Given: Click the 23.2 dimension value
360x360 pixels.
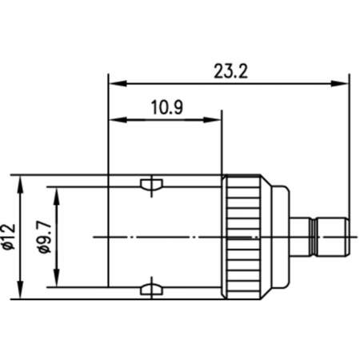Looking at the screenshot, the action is pos(231,71).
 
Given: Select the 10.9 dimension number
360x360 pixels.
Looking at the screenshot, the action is pos(167,107).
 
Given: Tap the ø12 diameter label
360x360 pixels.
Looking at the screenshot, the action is pos(9,237).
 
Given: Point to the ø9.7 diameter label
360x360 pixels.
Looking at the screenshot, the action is pos(44,237).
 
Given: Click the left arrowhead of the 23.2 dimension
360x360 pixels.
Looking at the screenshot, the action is pos(118,83).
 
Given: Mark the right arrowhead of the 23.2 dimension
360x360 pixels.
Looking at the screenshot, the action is pos(339,83).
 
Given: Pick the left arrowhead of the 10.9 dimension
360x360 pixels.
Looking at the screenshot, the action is pos(118,120).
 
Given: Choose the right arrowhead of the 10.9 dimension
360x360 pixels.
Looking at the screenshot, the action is pos(212,120).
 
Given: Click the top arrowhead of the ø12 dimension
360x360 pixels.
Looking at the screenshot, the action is pos(21,184).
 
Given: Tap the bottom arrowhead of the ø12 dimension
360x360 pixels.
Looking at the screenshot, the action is pos(21,290).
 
